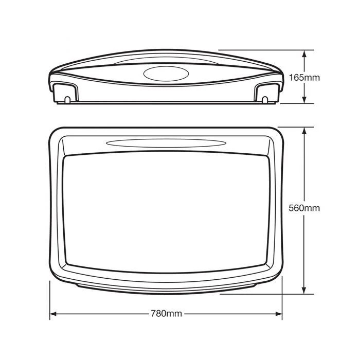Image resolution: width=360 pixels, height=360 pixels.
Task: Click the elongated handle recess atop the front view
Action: [x=166, y=143]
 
